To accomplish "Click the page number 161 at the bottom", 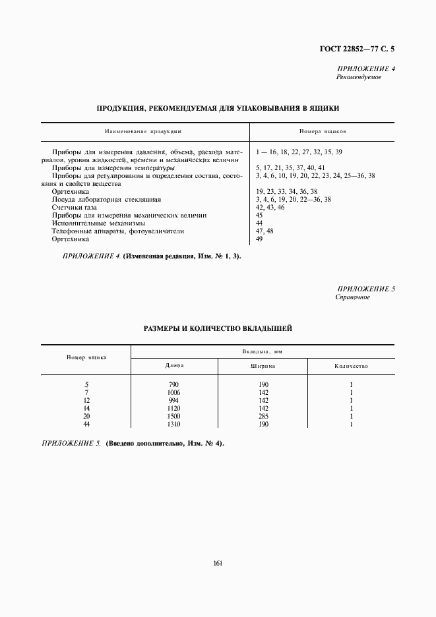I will [217, 562].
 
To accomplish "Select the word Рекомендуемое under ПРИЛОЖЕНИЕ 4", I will [359, 77].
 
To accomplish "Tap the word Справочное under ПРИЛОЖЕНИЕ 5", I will [353, 297].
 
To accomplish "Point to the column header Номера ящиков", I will [323, 131].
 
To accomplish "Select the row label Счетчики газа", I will [74, 207].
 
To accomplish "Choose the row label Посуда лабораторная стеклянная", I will [106, 199].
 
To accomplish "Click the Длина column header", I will [175, 365].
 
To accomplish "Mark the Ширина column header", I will [263, 365].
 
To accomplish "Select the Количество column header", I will [351, 365].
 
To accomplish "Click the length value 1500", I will [174, 416].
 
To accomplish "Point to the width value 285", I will [263, 416].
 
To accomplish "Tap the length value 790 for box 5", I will [174, 384].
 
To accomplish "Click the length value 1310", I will [174, 424].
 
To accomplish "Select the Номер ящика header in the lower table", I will [86, 357].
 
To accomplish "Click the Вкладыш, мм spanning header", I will [263, 352].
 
